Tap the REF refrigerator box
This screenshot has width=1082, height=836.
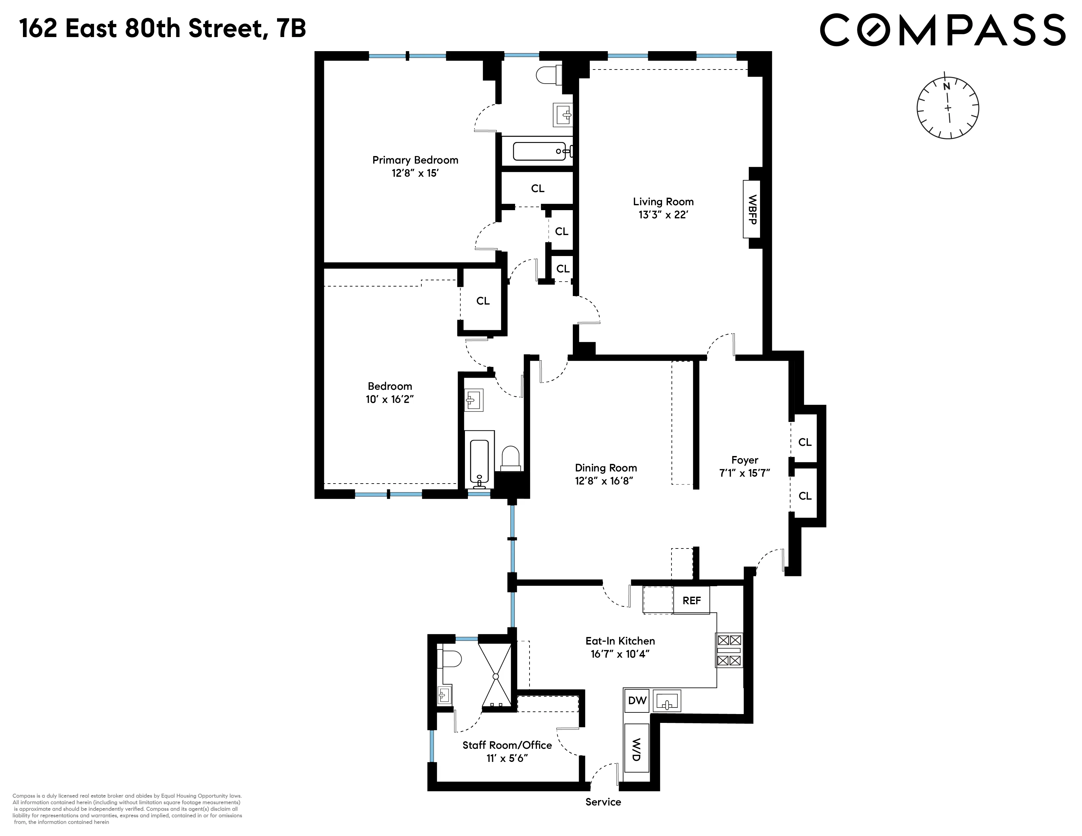click(691, 600)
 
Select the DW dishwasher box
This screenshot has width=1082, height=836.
click(637, 700)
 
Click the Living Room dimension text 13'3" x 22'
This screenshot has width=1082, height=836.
click(663, 215)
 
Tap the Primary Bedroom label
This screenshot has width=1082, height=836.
click(415, 160)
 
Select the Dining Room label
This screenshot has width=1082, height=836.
click(605, 468)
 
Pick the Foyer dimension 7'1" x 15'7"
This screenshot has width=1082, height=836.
click(744, 473)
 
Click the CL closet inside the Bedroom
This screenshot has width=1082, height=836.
click(483, 301)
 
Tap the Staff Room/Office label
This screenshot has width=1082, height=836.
click(507, 745)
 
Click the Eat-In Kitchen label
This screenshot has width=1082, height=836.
click(620, 640)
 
